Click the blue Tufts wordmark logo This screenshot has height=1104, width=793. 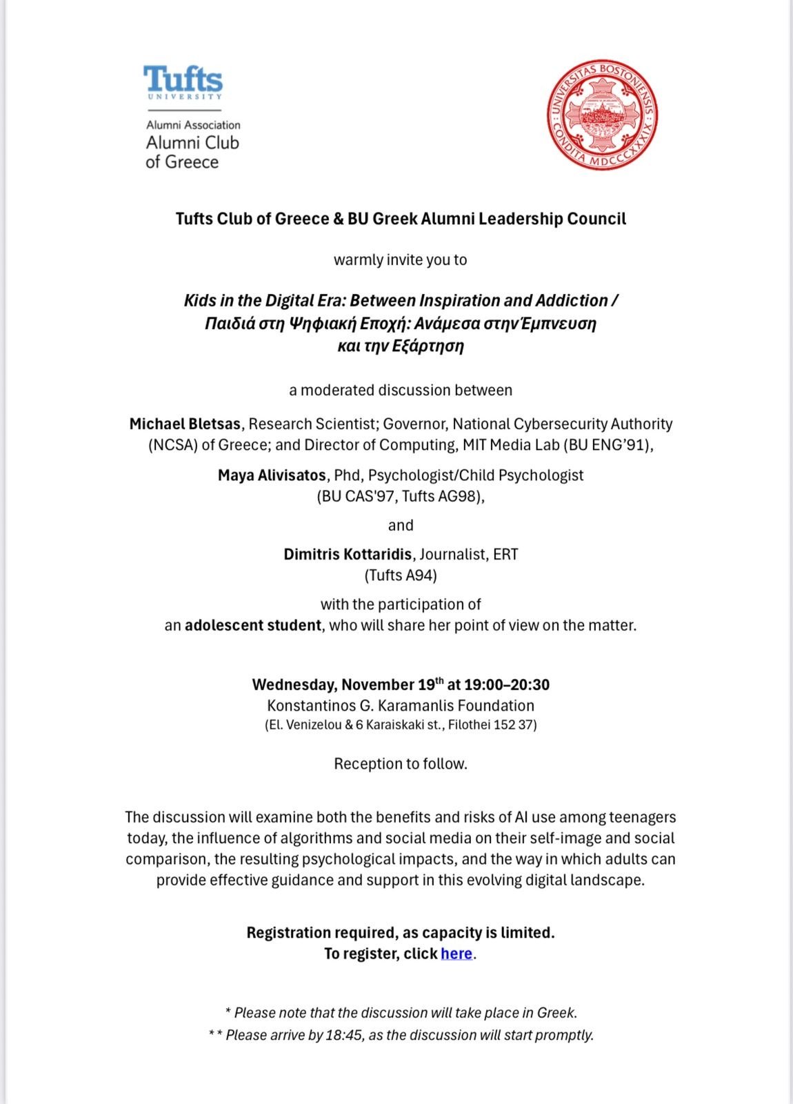(183, 79)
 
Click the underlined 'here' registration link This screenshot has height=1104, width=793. (456, 954)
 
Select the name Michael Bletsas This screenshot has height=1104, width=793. (185, 424)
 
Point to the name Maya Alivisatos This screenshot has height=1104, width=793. (272, 475)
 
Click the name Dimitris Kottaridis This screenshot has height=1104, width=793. (348, 554)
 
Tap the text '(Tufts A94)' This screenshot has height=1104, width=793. (401, 575)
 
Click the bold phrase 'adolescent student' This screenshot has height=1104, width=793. (252, 625)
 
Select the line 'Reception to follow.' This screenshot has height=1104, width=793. (401, 764)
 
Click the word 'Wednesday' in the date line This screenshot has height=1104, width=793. (294, 684)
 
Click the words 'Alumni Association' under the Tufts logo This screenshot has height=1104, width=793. (193, 125)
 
